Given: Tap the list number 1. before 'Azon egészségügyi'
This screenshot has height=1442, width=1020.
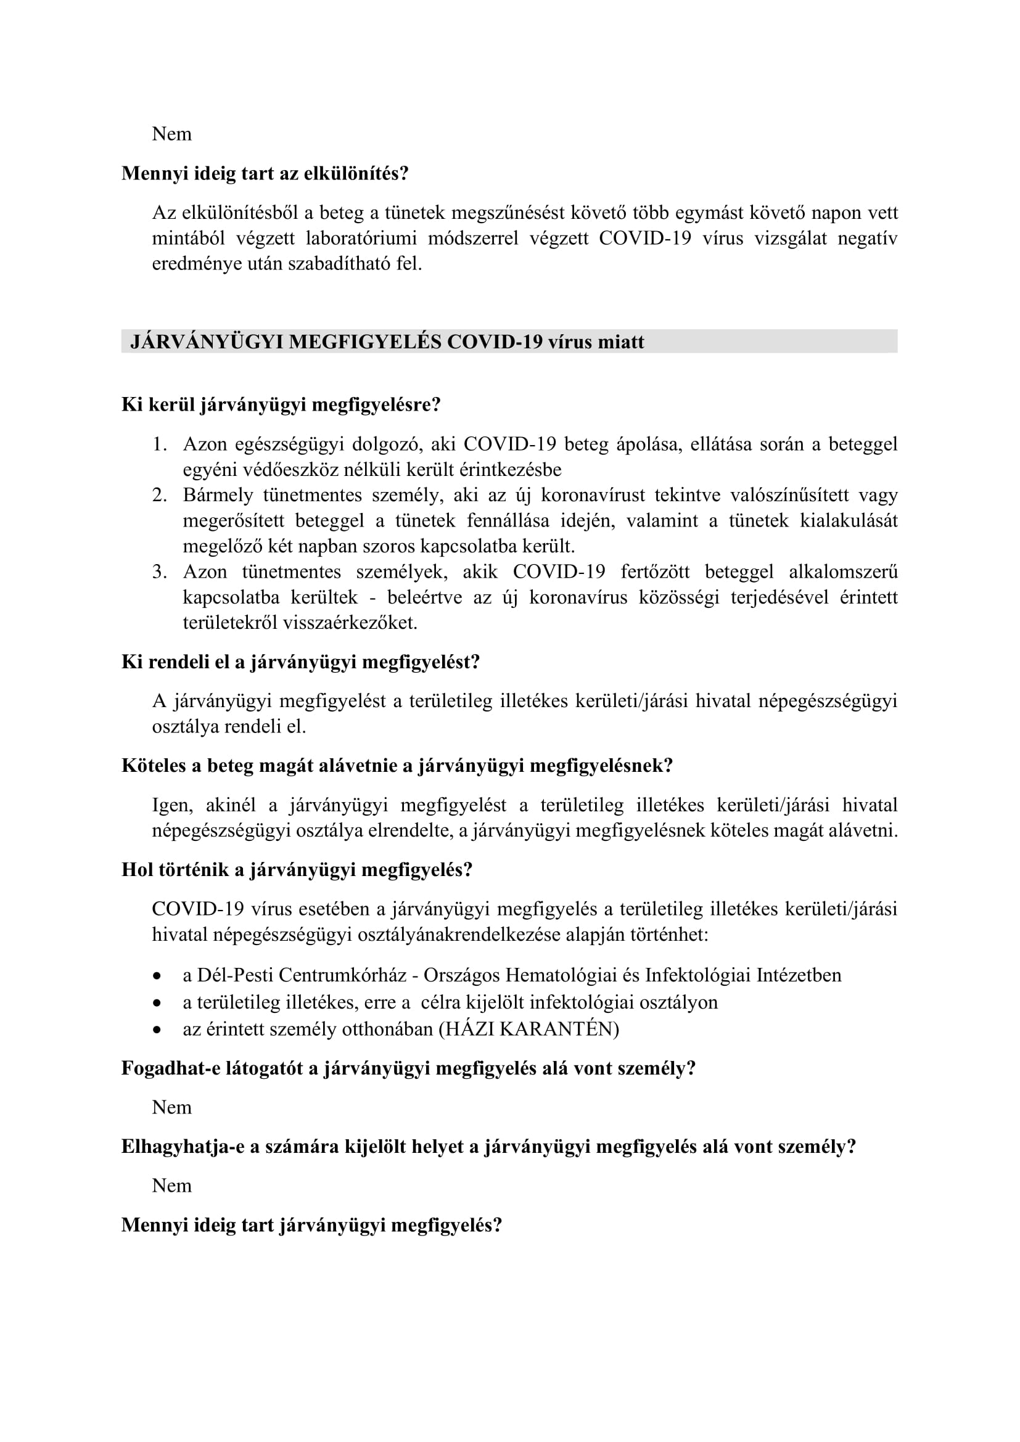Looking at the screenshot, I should pos(160,444).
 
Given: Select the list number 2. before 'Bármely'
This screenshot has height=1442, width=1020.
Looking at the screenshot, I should pos(160,495).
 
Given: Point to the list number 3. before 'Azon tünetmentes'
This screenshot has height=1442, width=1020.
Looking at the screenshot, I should pos(160,571).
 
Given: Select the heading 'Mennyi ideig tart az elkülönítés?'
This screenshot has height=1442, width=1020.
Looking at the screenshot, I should pos(265,173).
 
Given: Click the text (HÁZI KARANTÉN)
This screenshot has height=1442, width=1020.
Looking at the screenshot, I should pos(529,1029).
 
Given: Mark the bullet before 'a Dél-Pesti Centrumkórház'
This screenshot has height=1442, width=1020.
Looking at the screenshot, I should pos(157,976).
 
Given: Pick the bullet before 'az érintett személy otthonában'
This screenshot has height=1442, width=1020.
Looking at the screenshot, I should pos(157,1030).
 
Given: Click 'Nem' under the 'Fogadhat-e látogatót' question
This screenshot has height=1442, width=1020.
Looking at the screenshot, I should pos(171,1107).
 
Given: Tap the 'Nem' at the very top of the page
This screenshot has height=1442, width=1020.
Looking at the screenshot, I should pos(171,134).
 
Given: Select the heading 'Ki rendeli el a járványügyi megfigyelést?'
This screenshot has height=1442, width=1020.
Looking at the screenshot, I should pos(300,662).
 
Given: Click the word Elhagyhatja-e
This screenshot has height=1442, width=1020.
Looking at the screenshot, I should pos(183,1146).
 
